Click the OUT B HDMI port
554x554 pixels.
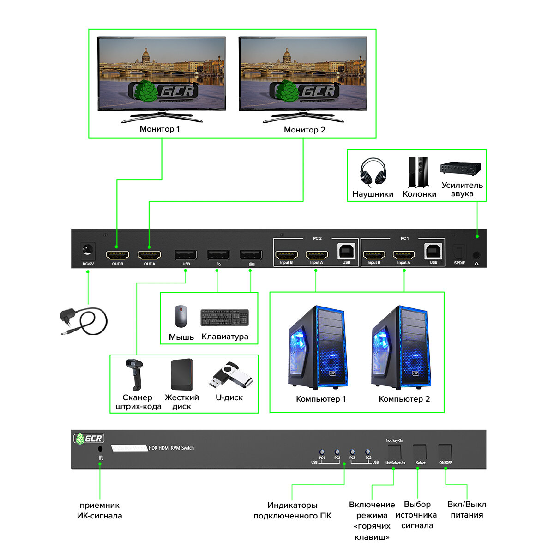pos(117,255)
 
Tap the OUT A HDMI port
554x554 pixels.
pos(149,255)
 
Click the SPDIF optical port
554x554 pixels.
pos(459,252)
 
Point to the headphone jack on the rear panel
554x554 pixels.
pos(476,254)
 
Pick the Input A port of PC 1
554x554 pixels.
pos(403,254)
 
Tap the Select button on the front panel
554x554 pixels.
pos(420,452)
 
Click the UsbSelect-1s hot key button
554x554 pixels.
pos(394,452)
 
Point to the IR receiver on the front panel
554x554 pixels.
pos(100,449)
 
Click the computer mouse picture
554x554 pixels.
pos(181,316)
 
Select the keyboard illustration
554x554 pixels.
pos(224,318)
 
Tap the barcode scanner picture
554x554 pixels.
pos(135,374)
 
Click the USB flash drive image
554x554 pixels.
pos(231,375)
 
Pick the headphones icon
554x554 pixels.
pos(373,172)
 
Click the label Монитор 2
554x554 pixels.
pos(304,130)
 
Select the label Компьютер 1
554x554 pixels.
pos(320,399)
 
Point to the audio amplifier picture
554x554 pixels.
pos(460,168)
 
